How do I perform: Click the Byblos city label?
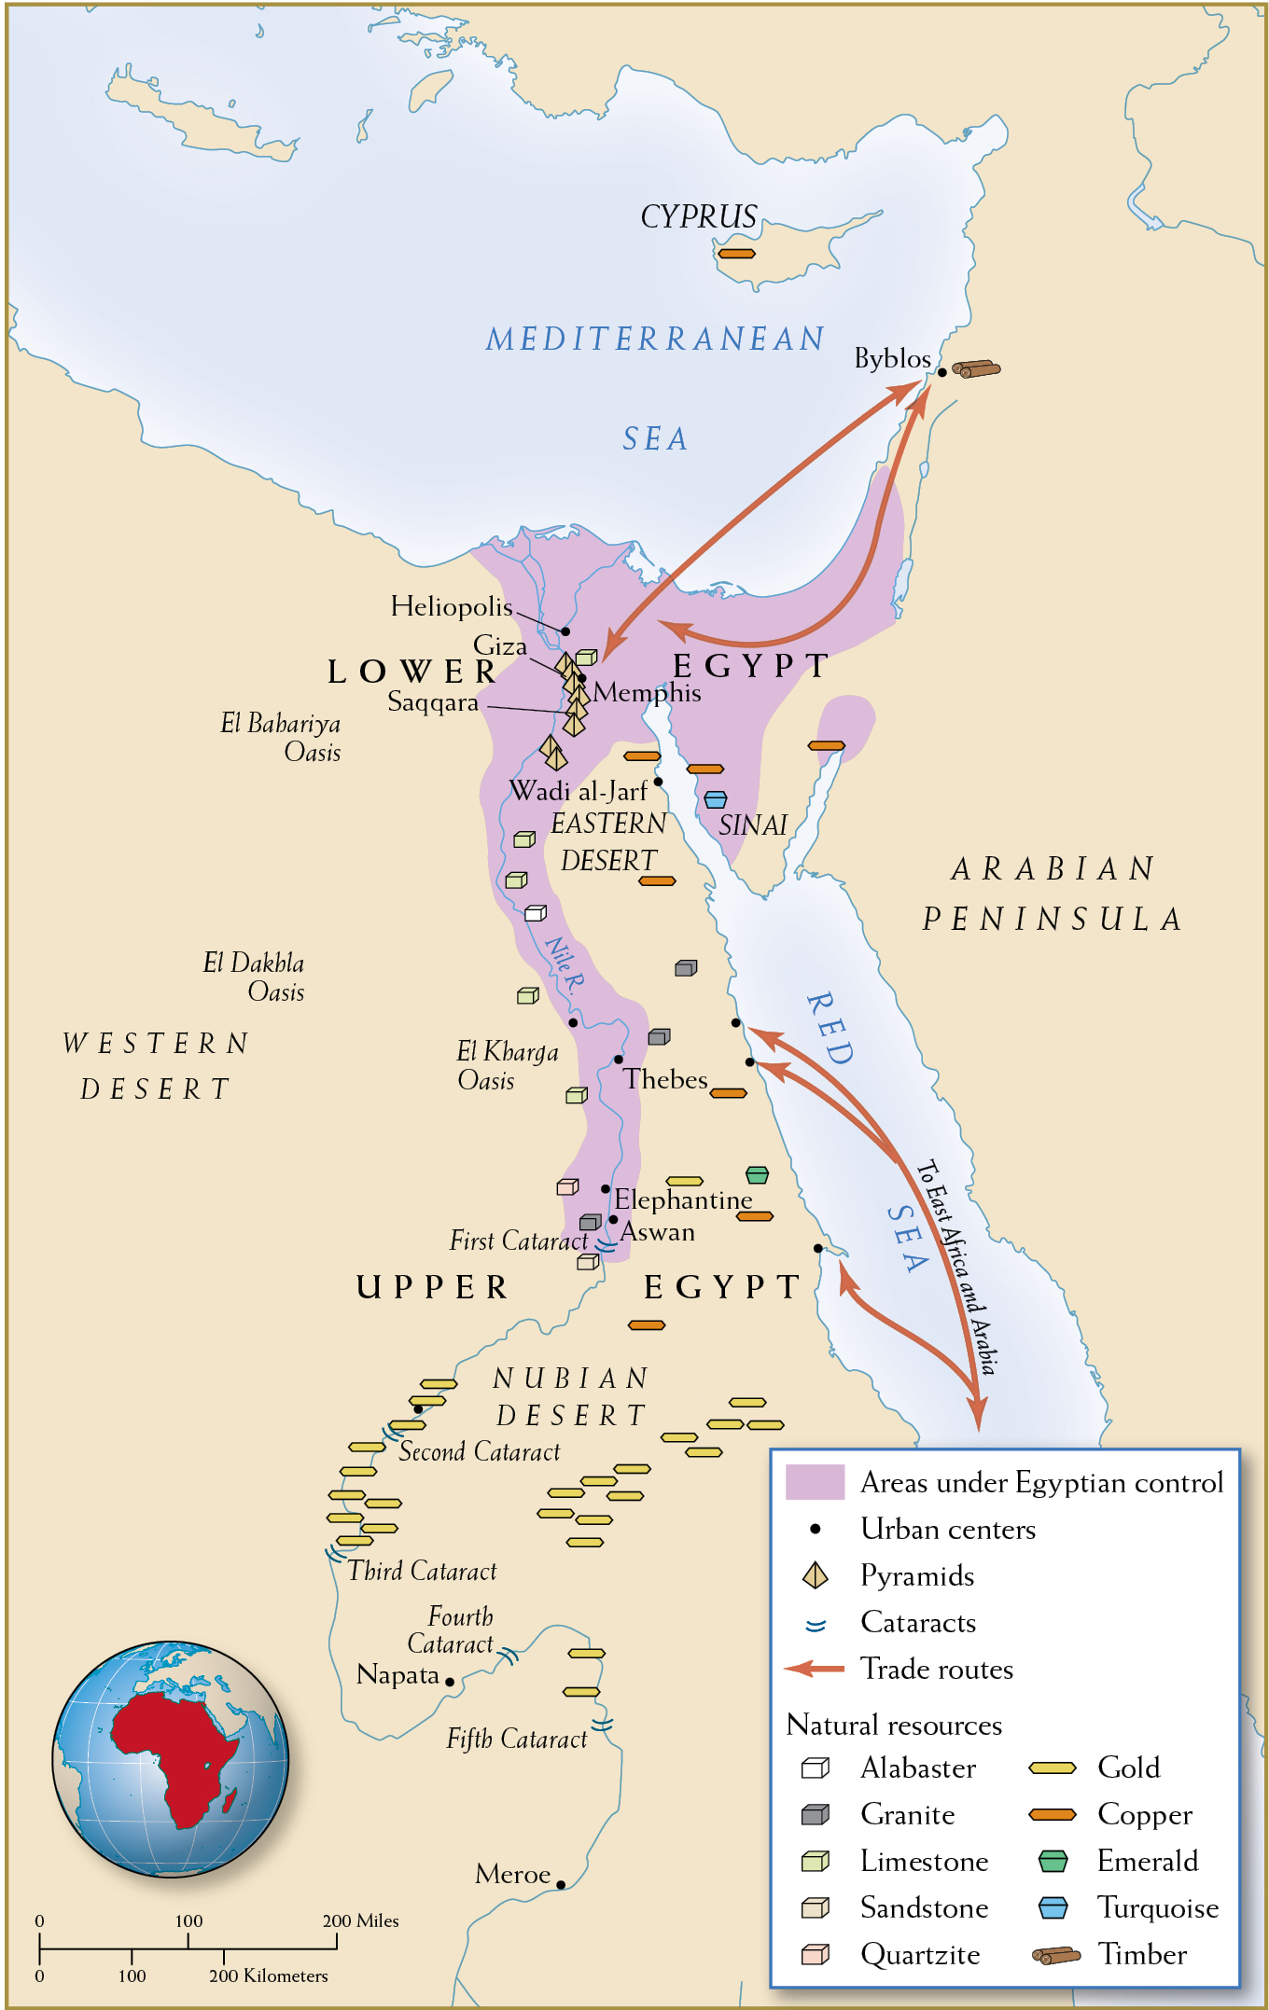(892, 358)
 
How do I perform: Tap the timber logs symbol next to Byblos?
(976, 369)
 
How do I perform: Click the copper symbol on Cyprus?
(736, 254)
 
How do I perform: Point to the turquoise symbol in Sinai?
(716, 799)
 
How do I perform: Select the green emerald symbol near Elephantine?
(757, 1174)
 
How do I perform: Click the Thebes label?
(665, 1079)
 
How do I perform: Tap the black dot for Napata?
(450, 1682)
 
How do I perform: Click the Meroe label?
(512, 1874)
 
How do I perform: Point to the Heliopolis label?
(452, 606)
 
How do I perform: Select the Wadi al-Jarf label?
(578, 791)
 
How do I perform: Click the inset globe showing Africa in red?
(170, 1759)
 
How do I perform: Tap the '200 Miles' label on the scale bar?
(360, 1920)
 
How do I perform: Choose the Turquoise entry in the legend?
(1157, 1907)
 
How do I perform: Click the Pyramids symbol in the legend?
(816, 1575)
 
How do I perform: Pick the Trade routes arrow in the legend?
(815, 1669)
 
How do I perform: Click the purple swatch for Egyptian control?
(815, 1482)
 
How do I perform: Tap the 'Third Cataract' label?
(422, 1571)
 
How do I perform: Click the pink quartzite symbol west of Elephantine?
(567, 1187)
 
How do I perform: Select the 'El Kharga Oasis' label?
(507, 1065)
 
